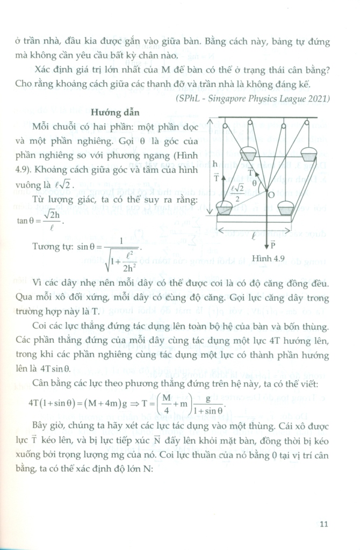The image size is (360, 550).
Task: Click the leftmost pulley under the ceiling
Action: [225, 126]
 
